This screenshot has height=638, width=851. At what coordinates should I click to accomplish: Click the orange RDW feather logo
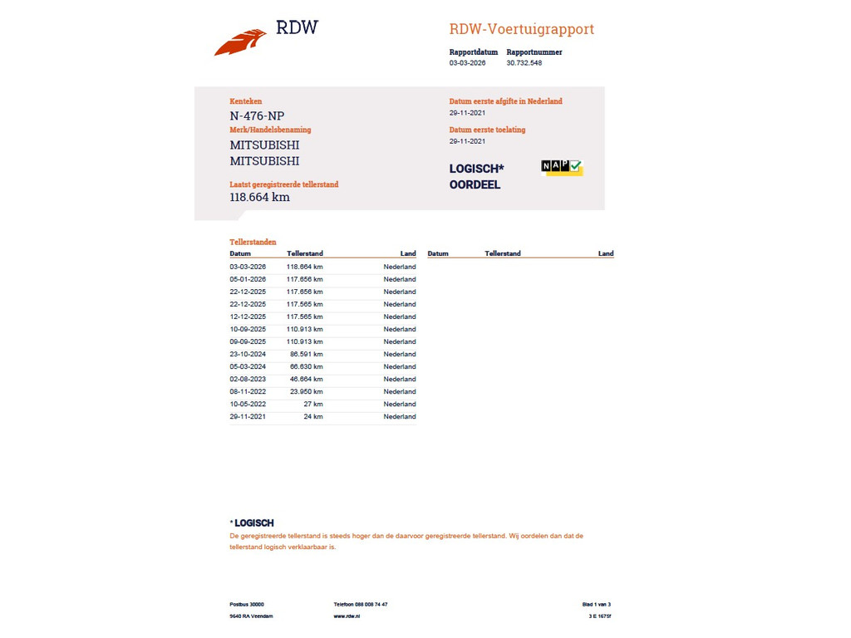tap(240, 42)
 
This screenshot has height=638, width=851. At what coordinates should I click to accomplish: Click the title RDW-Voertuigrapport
tap(521, 29)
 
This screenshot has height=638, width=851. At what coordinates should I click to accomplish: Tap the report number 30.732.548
tap(524, 63)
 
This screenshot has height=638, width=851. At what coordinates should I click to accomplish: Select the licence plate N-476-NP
tap(257, 116)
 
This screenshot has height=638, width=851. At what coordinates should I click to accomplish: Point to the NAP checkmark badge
tap(562, 167)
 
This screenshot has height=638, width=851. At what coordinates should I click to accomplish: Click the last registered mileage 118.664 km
tap(259, 198)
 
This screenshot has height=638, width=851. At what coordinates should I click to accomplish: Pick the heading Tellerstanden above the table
tap(253, 242)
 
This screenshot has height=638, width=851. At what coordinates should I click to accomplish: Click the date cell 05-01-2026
tap(248, 279)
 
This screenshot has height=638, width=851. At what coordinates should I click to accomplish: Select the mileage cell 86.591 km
tap(306, 354)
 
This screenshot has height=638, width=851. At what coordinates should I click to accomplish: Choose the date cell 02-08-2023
tap(248, 379)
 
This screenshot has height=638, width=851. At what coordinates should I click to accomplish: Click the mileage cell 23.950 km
tap(306, 391)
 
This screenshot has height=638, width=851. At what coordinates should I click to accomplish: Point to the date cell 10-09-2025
tap(248, 329)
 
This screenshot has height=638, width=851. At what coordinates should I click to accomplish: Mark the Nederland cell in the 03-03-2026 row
tap(400, 267)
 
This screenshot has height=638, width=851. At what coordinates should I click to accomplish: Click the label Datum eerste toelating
tap(487, 130)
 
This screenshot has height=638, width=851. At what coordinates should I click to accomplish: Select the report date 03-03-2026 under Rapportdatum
tap(467, 63)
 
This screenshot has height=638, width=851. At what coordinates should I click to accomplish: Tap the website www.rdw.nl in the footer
tap(347, 616)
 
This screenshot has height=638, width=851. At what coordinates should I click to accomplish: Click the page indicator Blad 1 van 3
tap(596, 605)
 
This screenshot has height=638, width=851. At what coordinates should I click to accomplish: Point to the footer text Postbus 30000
tap(247, 605)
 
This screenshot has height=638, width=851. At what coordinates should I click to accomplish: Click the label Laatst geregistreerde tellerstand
tap(283, 184)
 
